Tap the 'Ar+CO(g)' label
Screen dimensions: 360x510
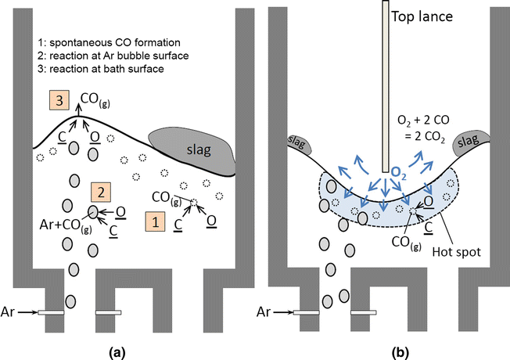click(66, 228)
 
